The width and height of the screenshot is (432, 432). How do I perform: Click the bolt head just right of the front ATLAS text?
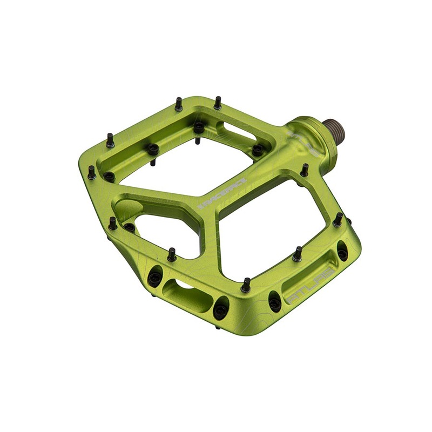342,253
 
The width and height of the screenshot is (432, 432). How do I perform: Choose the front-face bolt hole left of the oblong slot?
155,278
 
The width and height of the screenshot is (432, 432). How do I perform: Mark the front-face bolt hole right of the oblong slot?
220,310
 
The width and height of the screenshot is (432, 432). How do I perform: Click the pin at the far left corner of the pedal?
92,172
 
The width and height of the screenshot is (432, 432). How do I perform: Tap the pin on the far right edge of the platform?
338,219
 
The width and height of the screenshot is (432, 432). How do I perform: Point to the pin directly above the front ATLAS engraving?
297,253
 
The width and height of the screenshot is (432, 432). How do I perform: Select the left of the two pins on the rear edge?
179,103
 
